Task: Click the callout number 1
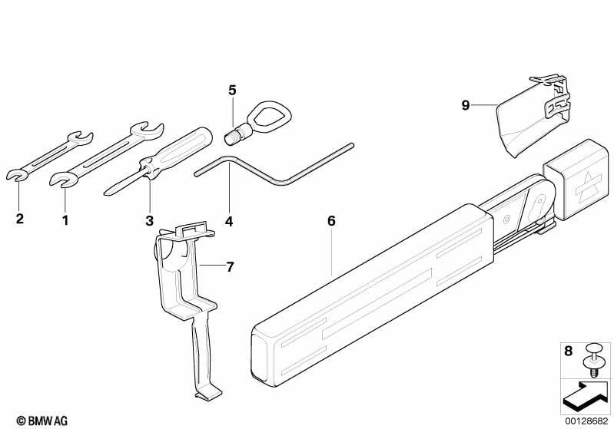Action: (65, 220)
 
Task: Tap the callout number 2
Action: (19, 218)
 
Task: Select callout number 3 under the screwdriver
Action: (150, 220)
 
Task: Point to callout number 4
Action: (229, 221)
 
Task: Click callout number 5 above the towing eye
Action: (232, 91)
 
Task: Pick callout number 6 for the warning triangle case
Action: (331, 221)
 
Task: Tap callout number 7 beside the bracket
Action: (230, 267)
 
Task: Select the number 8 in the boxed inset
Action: (568, 351)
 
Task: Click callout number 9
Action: (465, 105)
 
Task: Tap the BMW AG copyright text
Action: (42, 421)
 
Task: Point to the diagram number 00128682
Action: (586, 421)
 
